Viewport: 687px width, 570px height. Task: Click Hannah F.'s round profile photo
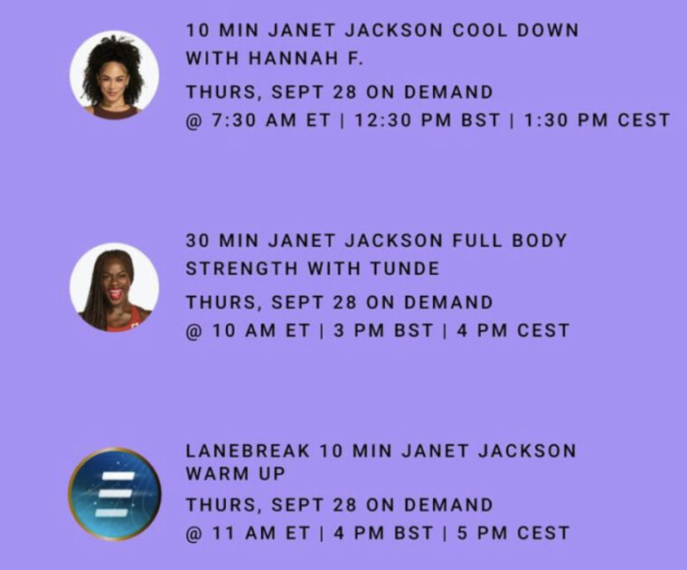(114, 74)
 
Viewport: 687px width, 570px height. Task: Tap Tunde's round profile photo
(114, 287)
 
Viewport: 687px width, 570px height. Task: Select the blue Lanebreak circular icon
(114, 494)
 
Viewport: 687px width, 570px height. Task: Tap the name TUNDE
(405, 269)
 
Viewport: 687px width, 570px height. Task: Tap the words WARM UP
(235, 473)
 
